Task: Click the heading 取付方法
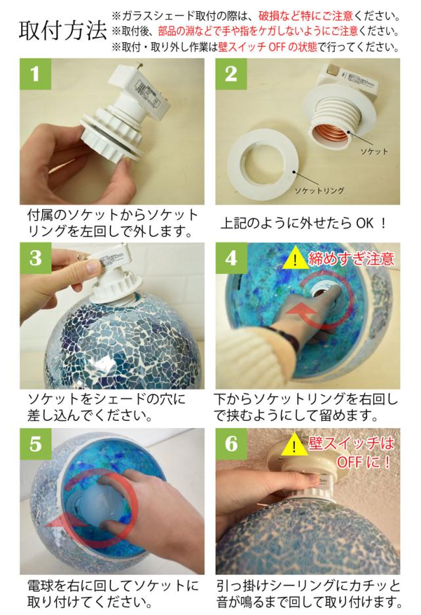[62, 30]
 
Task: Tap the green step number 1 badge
[36, 74]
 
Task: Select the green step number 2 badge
[231, 74]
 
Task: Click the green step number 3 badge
[36, 257]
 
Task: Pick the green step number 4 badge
[231, 257]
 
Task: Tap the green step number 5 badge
[36, 444]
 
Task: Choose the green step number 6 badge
[231, 444]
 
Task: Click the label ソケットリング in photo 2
[319, 190]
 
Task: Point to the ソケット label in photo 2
[374, 151]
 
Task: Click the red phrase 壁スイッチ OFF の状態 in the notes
[268, 47]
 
